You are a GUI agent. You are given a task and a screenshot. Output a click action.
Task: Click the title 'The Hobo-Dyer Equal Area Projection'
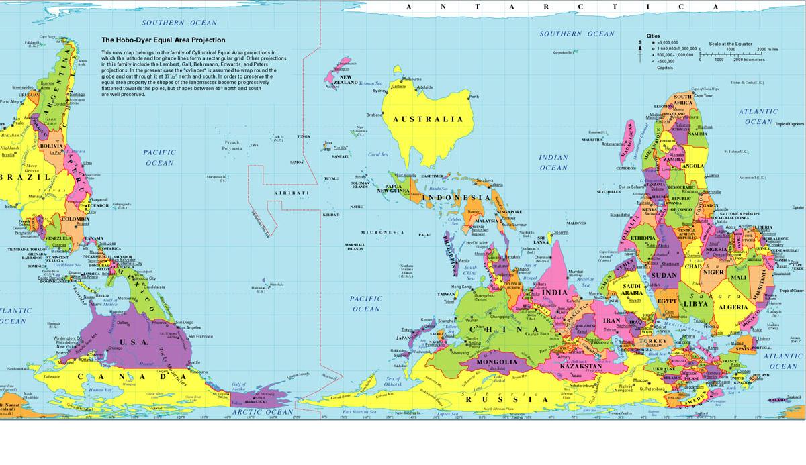pyautogui.click(x=163, y=40)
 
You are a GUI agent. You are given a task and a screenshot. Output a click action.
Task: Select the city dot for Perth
pyautogui.click(x=469, y=97)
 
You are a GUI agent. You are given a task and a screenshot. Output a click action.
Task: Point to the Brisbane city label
pyautogui.click(x=374, y=115)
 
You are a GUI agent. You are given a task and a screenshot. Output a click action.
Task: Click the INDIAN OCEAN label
pyautogui.click(x=553, y=162)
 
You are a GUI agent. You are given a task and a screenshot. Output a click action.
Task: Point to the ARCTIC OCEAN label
pyautogui.click(x=261, y=412)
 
